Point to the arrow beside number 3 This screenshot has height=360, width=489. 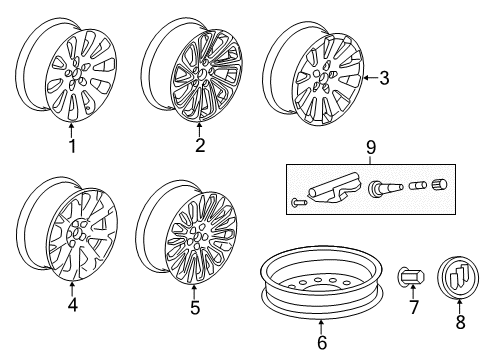(x=370, y=77)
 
